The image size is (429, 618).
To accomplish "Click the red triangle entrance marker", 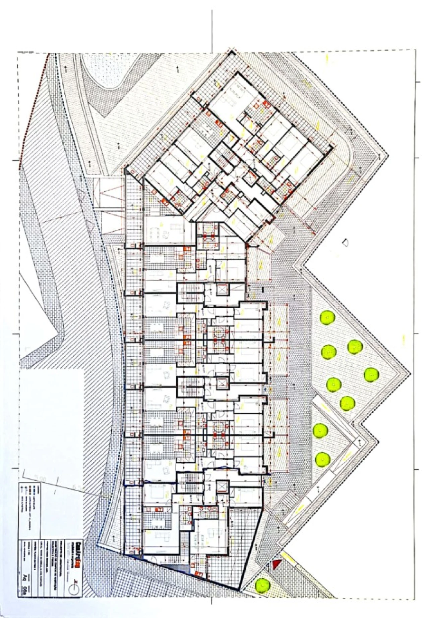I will pos(275,564).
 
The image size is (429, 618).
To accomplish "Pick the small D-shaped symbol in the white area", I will pos(345,242).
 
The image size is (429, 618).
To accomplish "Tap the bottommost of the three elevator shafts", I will pos(222,486).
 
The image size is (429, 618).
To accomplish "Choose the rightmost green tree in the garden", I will pos(371,374).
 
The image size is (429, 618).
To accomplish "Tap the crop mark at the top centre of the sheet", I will pos(212,30).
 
